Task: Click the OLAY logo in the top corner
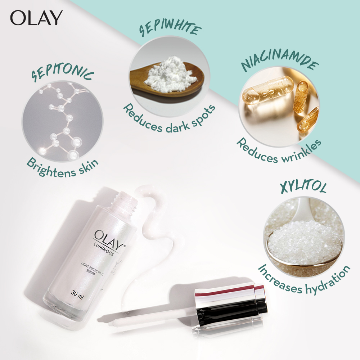point(36,18)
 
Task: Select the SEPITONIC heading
point(62,73)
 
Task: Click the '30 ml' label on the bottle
point(77,294)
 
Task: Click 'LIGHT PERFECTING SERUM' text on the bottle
point(92,270)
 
